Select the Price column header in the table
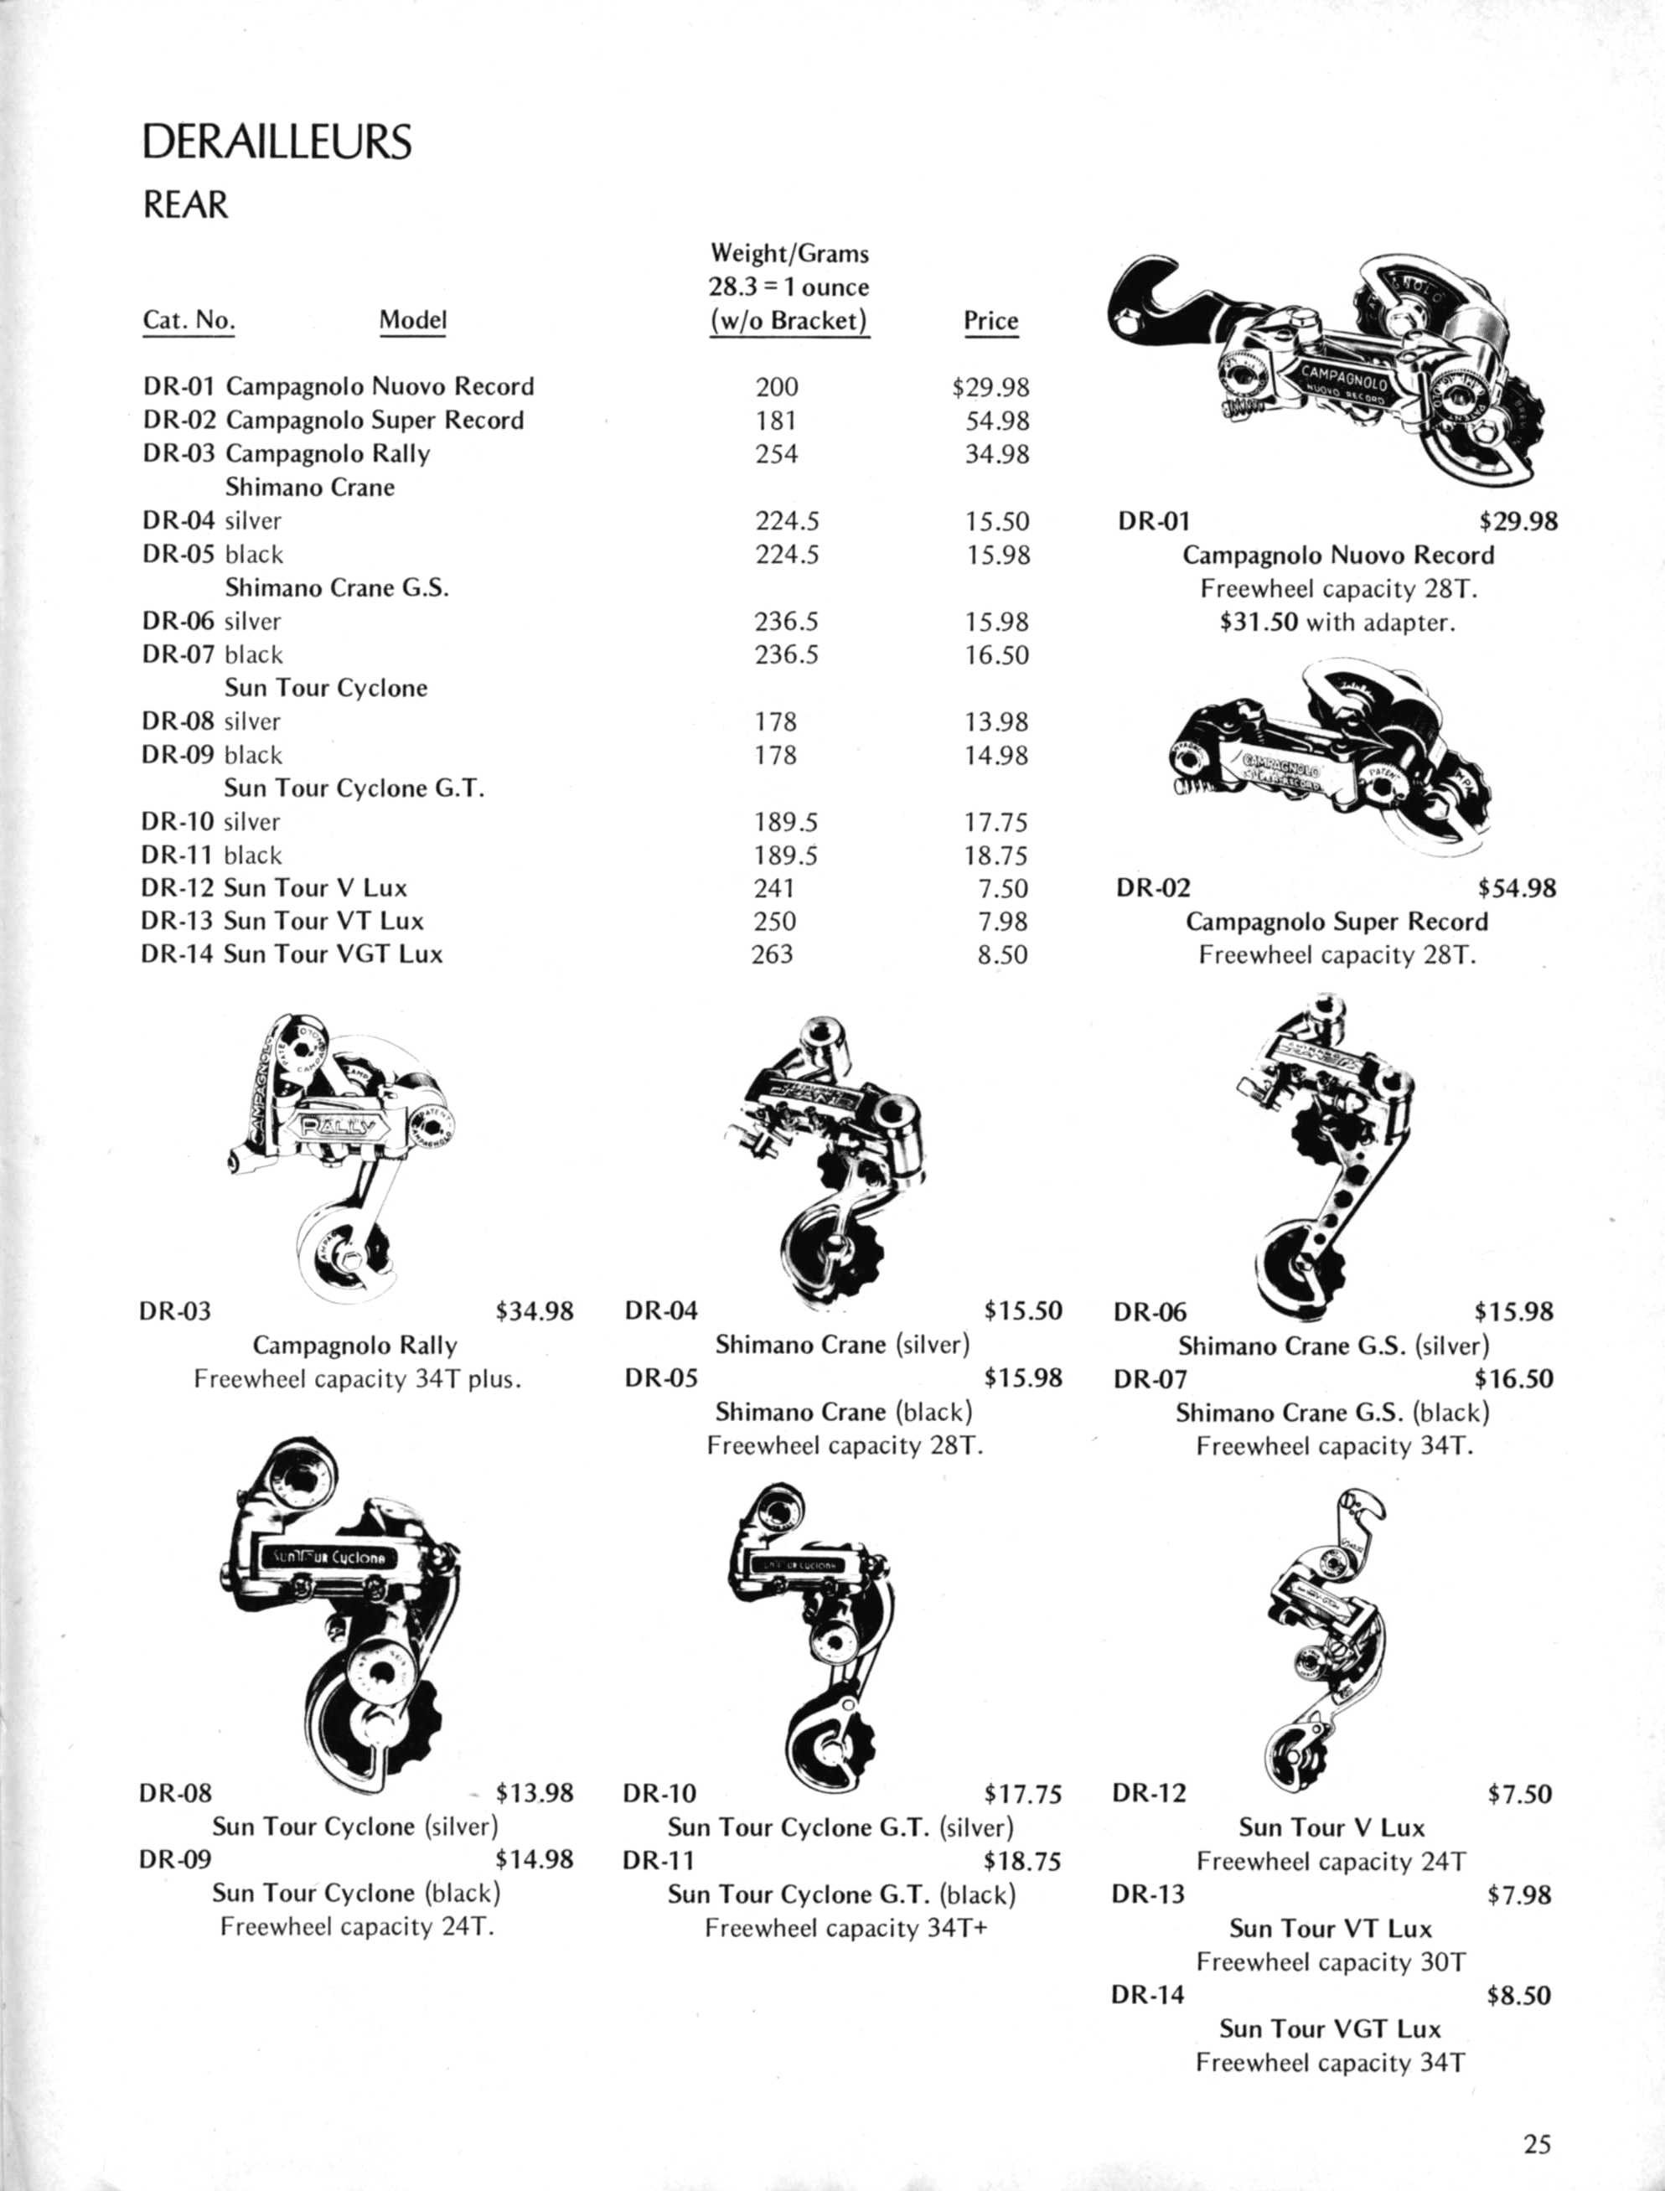(990, 321)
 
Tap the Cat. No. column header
(189, 320)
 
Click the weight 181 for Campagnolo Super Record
(776, 420)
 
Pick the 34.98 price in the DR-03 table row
(997, 454)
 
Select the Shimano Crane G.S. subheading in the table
(337, 587)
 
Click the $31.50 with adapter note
(1337, 623)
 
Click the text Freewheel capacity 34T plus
(357, 1379)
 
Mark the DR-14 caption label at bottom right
(1148, 1995)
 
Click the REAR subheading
(185, 205)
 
